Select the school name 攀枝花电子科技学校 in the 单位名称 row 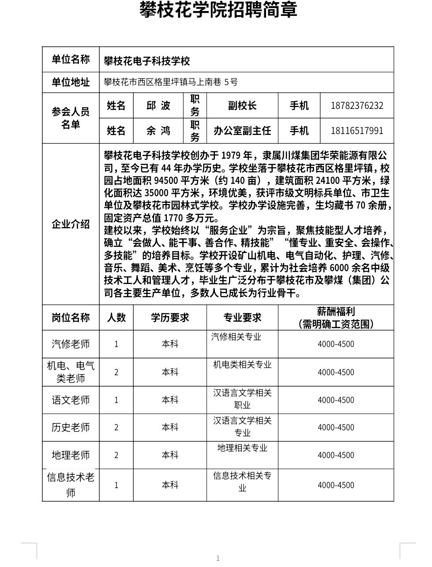click(147, 61)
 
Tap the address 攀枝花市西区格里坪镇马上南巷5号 click(171, 82)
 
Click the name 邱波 click(158, 106)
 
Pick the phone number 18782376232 click(357, 106)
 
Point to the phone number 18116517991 click(357, 131)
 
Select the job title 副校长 click(242, 106)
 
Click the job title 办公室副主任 click(242, 131)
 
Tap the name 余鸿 click(158, 131)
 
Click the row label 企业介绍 click(71, 224)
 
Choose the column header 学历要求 click(170, 317)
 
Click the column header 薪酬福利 click(336, 312)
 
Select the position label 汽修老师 click(71, 344)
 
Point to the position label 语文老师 click(71, 400)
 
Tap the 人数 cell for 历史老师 click(116, 427)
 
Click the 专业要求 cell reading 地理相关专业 click(242, 448)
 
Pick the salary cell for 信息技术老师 click(336, 485)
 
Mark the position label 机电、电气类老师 click(71, 372)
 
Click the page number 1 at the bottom click(218, 559)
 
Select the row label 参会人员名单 click(71, 118)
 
